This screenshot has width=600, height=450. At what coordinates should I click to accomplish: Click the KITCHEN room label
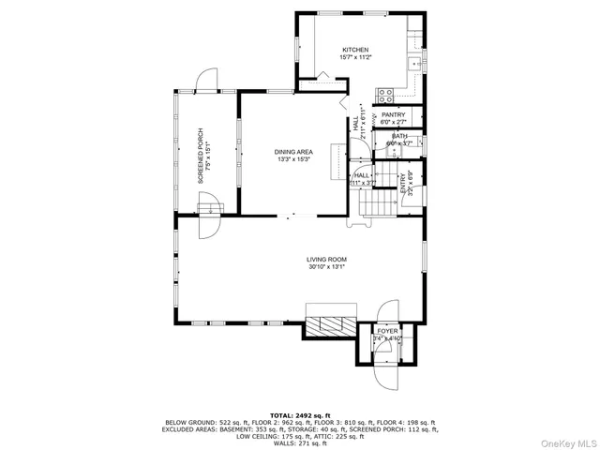click(354, 50)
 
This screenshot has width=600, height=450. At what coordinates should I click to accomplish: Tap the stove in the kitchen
click(383, 93)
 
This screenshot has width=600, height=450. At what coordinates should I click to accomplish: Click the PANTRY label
click(393, 115)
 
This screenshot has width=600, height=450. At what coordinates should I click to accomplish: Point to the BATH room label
click(399, 137)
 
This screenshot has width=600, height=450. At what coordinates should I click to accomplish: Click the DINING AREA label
click(293, 152)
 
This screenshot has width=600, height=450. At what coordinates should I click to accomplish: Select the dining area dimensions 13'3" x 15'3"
click(293, 159)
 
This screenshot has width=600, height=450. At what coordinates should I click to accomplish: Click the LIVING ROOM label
click(327, 260)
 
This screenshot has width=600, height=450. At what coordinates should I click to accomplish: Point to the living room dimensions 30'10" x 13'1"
click(327, 267)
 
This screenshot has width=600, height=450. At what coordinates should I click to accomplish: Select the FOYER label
click(386, 332)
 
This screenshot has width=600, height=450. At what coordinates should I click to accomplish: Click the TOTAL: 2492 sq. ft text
click(300, 413)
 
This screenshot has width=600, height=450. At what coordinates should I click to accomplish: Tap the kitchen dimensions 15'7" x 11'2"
click(354, 57)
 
